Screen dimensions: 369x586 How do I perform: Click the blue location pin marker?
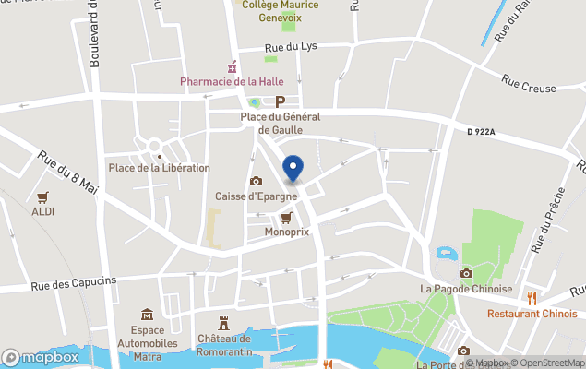pos(293,168)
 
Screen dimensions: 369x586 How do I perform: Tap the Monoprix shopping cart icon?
pos(286,218)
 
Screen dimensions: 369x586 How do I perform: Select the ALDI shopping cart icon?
pos(42,197)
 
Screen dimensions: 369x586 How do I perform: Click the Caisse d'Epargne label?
pos(257,196)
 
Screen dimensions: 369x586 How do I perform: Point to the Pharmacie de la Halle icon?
pos(233,67)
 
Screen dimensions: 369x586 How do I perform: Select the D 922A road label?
pos(481,132)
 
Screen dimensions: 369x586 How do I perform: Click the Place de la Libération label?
pos(160,168)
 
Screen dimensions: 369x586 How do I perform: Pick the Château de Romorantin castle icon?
pos(222,322)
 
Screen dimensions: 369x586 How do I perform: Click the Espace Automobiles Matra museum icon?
pos(148,315)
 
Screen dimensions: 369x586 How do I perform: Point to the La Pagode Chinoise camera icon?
pos(466,273)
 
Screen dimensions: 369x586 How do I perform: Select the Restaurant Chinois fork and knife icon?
pos(532,297)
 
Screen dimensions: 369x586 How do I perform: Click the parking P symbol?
pos(280,102)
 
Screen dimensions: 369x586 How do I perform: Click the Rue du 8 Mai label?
pos(68,173)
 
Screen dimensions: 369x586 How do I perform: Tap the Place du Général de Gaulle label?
pos(279,124)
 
